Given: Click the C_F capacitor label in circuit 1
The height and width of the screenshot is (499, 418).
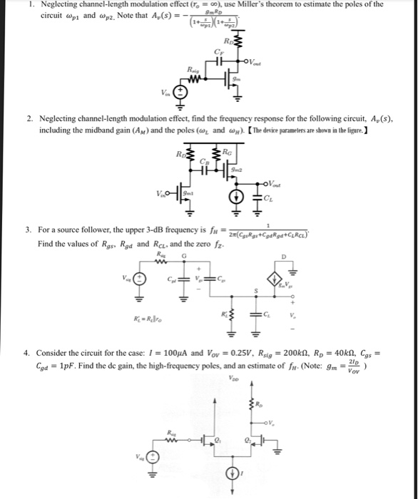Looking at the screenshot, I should coord(218,51).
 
